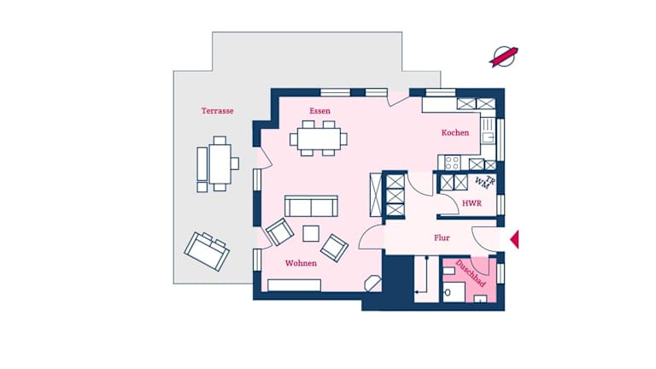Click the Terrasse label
click(217, 111)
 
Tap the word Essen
click(319, 111)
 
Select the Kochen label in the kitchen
click(454, 132)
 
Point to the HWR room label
click(471, 203)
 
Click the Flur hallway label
click(442, 238)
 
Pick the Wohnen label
click(301, 263)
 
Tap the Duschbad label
click(471, 273)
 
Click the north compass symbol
click(504, 56)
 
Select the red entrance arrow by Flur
click(514, 239)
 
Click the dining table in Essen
click(319, 139)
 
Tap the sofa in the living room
click(311, 206)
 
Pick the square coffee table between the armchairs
click(311, 233)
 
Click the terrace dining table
click(220, 164)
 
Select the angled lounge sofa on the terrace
click(207, 251)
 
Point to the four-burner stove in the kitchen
click(452, 163)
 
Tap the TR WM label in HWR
click(486, 182)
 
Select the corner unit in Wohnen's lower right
click(372, 284)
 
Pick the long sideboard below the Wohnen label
click(294, 285)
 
